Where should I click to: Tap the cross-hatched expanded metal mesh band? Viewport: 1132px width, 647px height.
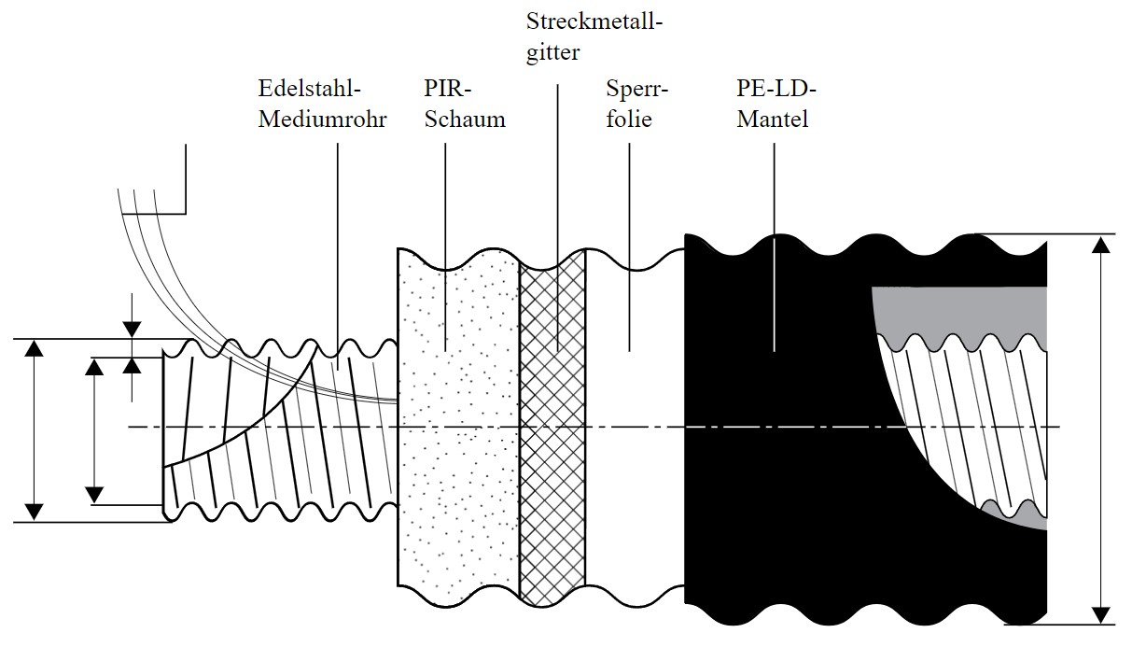[552, 420]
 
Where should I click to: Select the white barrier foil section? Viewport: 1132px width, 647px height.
[635, 420]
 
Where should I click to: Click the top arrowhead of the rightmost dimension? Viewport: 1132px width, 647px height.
[1102, 245]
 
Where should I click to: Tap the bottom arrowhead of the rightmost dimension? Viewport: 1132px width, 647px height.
[1102, 613]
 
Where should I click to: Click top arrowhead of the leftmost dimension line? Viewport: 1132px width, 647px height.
[35, 349]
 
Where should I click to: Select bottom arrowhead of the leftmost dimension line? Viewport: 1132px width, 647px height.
[35, 511]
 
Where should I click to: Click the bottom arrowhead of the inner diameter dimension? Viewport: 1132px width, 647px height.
[94, 494]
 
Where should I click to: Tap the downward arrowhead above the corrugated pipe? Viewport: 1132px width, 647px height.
[132, 328]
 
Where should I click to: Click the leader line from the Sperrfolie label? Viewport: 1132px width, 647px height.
[628, 243]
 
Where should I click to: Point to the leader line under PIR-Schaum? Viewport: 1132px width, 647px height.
[444, 243]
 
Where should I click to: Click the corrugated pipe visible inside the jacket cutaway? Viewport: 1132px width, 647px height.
[971, 411]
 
